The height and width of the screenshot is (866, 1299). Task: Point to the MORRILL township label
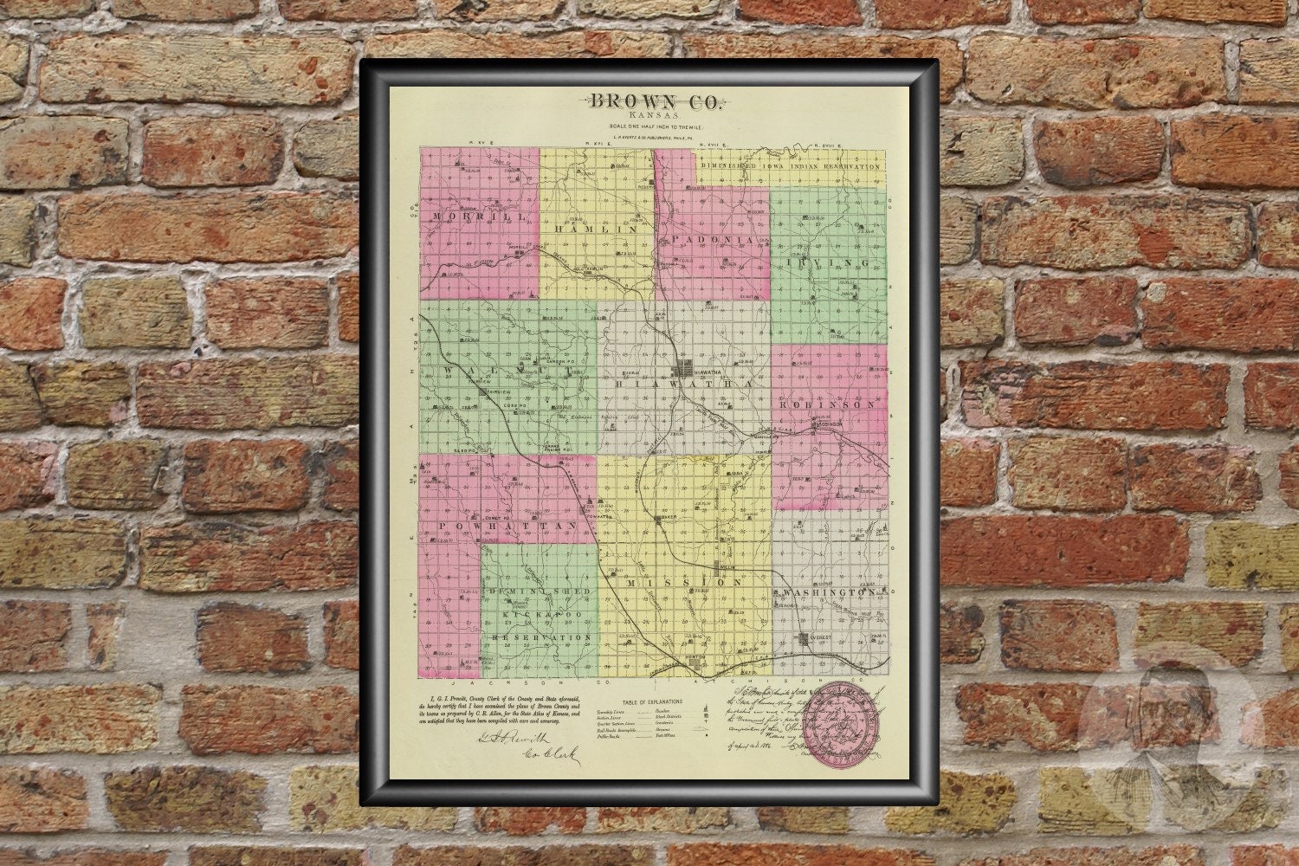pyautogui.click(x=470, y=218)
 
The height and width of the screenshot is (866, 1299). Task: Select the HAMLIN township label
pyautogui.click(x=597, y=230)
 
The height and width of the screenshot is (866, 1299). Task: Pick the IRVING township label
pyautogui.click(x=828, y=262)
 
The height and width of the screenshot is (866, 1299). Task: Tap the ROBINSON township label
pyautogui.click(x=827, y=404)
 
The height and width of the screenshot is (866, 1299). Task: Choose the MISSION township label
pyautogui.click(x=683, y=583)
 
